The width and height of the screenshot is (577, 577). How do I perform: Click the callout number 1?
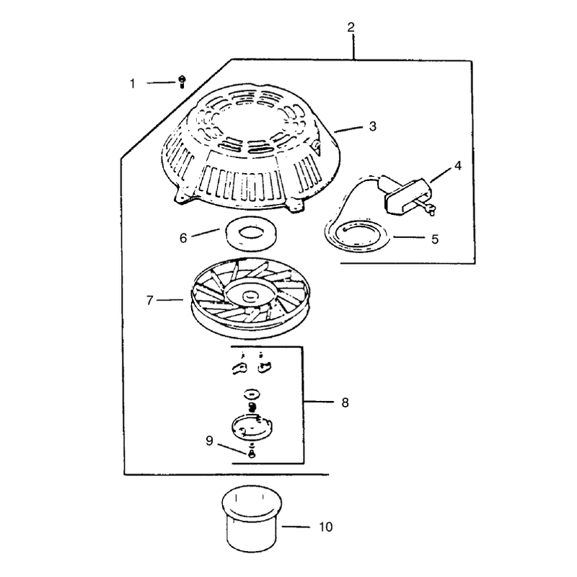133,84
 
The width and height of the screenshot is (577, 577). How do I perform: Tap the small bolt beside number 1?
182,82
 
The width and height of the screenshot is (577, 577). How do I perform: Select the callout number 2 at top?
351,27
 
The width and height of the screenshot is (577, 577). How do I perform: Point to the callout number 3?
372,126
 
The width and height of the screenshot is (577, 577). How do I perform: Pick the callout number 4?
457,166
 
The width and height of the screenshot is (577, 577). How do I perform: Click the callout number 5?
435,239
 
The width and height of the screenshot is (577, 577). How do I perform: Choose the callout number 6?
183,238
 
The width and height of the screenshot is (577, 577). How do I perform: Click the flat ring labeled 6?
251,232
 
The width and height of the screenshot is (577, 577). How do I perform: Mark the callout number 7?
149,301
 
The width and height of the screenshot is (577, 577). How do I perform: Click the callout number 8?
345,402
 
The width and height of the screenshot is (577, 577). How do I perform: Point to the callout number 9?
209,441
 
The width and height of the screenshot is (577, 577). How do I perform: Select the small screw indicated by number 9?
252,453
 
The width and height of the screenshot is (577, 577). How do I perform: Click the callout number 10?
326,527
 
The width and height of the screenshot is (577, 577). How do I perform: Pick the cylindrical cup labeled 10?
252,519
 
